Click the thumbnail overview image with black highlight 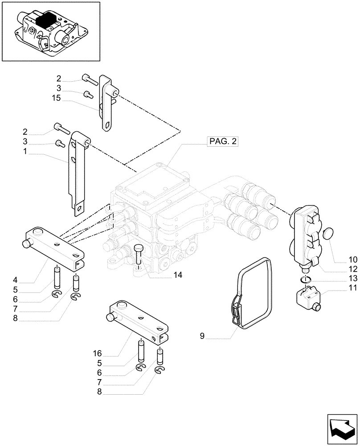coord(50,31)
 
